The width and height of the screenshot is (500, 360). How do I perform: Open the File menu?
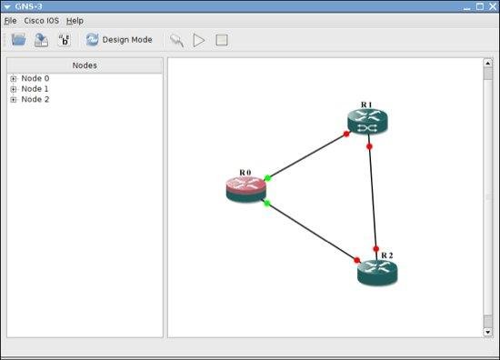pos(10,21)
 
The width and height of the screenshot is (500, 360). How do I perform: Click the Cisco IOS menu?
pos(42,21)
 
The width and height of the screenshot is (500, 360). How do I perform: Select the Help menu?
pos(75,21)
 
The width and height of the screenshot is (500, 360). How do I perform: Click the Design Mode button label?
pos(127,40)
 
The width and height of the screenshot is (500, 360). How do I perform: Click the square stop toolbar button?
pos(222,40)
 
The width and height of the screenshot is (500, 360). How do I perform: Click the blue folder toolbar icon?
pos(18,40)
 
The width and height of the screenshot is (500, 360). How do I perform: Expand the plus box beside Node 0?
pos(14,79)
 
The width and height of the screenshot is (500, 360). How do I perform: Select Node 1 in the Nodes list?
pos(35,89)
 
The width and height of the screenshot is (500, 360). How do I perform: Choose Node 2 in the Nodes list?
pos(35,99)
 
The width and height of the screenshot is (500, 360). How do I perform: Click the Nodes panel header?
pos(85,65)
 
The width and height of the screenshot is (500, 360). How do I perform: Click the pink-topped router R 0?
pos(245,190)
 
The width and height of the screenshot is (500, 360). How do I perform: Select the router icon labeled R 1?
pos(367,122)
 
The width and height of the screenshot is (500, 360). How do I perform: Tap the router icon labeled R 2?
pos(377,273)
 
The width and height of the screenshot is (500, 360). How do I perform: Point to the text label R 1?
pos(366,105)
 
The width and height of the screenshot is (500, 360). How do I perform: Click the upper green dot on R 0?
pos(267,178)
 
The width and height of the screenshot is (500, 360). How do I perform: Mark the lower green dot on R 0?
pos(267,203)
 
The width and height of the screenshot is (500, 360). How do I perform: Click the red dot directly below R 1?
pos(369,146)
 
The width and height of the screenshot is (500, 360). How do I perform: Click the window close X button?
pos(493,6)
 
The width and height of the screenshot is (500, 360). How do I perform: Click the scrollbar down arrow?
pos(488,332)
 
